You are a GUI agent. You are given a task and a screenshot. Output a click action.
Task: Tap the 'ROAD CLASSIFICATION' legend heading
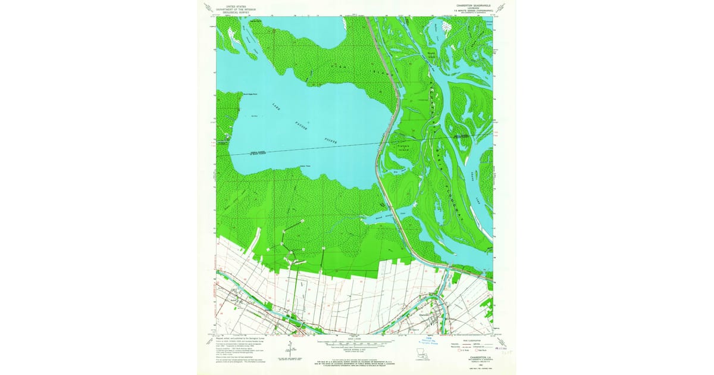click(x=473, y=340)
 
